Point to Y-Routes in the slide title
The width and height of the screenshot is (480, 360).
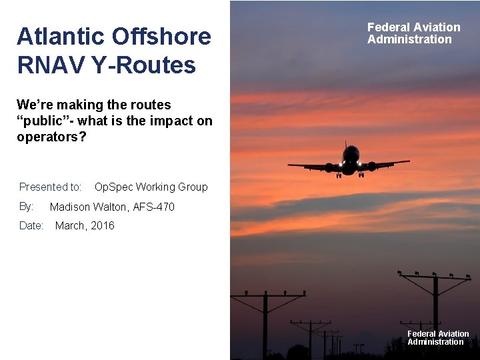(x=148, y=65)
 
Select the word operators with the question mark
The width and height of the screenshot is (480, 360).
(x=51, y=137)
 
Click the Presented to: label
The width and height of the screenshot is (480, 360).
(x=51, y=187)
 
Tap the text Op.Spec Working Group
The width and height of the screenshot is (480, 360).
(x=151, y=187)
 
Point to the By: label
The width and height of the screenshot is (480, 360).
(x=27, y=206)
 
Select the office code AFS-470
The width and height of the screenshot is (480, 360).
(x=154, y=207)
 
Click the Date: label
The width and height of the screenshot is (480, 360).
(x=31, y=225)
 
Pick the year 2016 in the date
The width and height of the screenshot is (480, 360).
(x=103, y=225)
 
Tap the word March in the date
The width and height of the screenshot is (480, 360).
(x=71, y=225)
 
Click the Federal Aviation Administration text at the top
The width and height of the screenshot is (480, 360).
(x=413, y=33)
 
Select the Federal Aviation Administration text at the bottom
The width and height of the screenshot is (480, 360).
(x=438, y=338)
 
